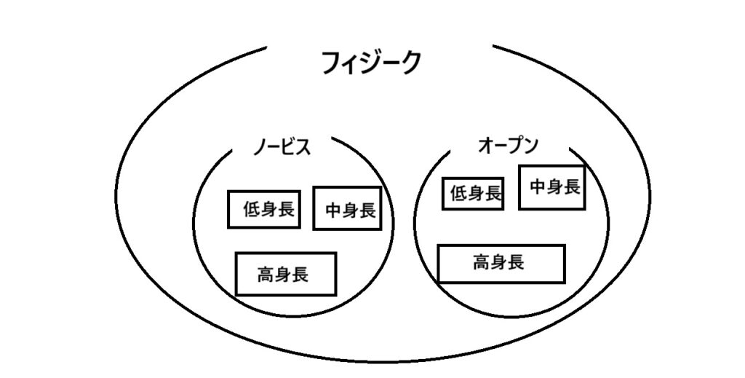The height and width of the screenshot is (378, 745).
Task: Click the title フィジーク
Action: [371, 63]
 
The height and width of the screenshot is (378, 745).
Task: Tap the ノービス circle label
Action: [282, 146]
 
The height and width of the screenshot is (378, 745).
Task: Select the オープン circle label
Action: [508, 146]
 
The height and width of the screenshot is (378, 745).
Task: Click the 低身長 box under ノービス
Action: [265, 209]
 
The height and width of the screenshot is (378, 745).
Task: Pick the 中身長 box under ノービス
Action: [347, 209]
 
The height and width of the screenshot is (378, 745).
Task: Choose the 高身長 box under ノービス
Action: [286, 273]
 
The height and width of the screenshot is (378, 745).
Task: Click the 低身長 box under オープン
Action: [473, 193]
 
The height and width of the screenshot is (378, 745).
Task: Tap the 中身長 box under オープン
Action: [551, 187]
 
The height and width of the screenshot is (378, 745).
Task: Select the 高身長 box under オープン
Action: [501, 263]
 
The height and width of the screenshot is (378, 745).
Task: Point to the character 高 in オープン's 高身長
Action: [482, 261]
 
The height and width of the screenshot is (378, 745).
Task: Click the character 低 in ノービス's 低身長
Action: [252, 210]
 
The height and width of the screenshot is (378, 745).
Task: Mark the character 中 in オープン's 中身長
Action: [538, 187]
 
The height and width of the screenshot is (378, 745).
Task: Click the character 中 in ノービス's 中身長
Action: [333, 210]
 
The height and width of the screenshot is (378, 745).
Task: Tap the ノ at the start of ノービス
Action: [259, 146]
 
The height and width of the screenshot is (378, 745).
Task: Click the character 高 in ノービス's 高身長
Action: [266, 274]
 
